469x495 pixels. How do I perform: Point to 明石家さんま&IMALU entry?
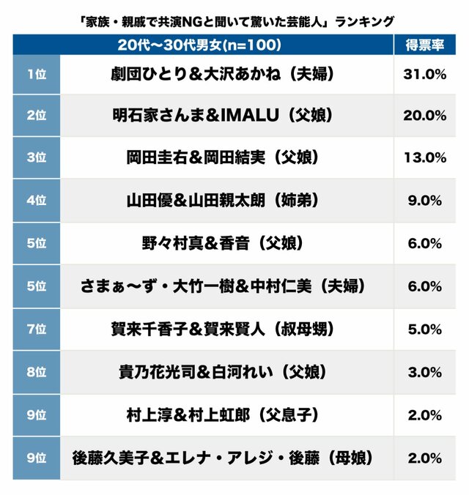tap(226, 116)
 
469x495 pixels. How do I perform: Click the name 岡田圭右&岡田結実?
tap(226, 157)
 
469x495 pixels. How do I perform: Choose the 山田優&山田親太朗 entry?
tap(226, 199)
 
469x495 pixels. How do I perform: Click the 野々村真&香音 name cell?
tap(226, 242)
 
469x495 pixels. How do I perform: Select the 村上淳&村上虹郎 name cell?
tap(226, 415)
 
